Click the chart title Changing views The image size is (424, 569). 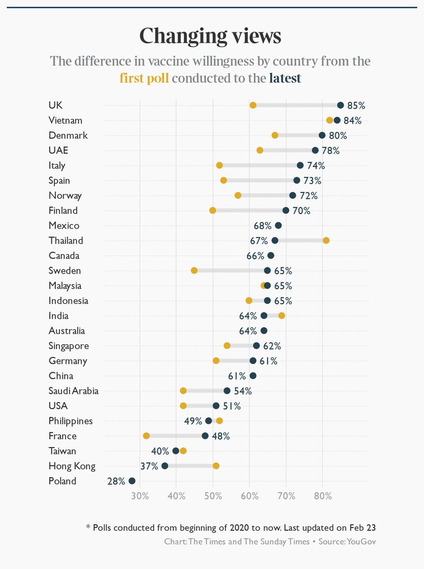pos(210,36)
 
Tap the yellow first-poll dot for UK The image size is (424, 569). pos(253,105)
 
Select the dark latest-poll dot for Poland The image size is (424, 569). pos(132,481)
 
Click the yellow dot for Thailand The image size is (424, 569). pos(326,240)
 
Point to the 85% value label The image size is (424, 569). pos(356,105)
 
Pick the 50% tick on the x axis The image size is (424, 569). pos(213,496)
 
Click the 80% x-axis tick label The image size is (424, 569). pos(323,496)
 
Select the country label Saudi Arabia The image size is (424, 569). pos(74,391)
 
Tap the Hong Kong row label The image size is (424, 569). pos(72,466)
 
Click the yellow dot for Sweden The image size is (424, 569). pos(194,271)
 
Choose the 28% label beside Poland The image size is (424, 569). pos(116,481)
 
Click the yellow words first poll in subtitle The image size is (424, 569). pos(144,78)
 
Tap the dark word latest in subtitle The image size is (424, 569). pos(285,78)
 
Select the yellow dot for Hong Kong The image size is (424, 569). pos(216,466)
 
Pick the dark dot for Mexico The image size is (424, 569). pos(278,226)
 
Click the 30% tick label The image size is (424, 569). pos(140,496)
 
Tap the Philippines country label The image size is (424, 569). pos(71,421)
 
